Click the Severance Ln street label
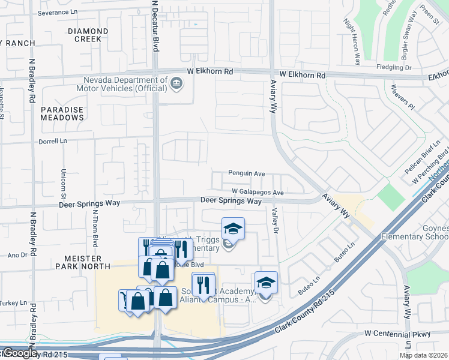[x=58, y=13]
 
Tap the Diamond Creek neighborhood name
[x=88, y=35]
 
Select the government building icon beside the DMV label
[x=176, y=83]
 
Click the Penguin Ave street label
[x=246, y=173]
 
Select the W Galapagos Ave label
[x=258, y=192]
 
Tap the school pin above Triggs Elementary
[x=233, y=229]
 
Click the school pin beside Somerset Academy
[x=266, y=283]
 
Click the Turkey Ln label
[x=14, y=302]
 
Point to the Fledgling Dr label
[x=393, y=68]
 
